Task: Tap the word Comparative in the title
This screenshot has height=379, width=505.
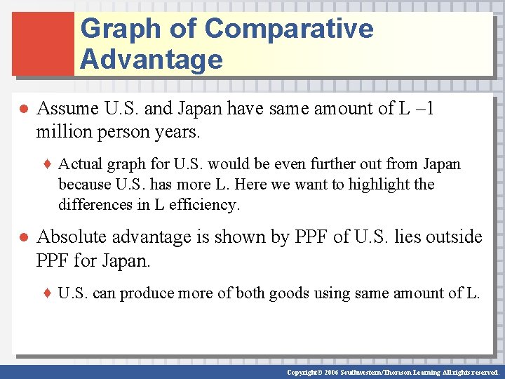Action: click(x=289, y=29)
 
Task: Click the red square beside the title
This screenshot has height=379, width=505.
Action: click(x=43, y=44)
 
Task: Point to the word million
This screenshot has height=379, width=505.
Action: click(x=62, y=131)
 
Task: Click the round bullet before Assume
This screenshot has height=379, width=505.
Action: click(x=22, y=110)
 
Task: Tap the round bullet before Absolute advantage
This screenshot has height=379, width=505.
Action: click(x=22, y=238)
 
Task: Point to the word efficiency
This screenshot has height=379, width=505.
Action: click(x=210, y=205)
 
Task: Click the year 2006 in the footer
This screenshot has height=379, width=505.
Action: click(x=330, y=372)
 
